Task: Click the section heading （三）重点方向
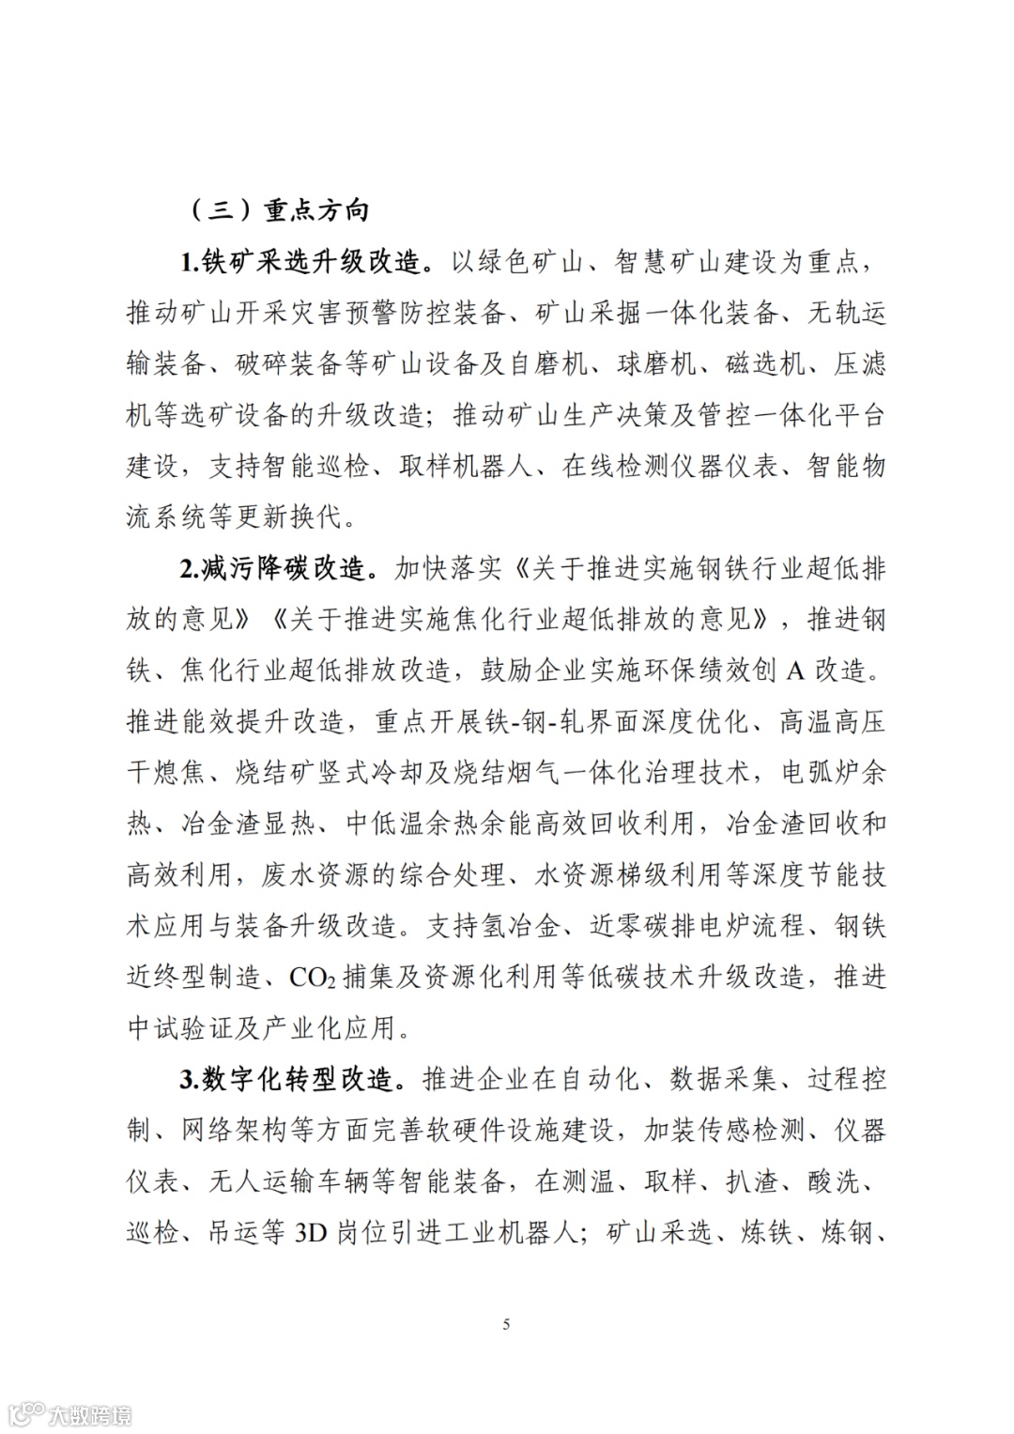(x=279, y=210)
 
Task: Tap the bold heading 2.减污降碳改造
(x=279, y=569)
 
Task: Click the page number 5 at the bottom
(x=507, y=1324)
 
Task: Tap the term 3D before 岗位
(x=311, y=1233)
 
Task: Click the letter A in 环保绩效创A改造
(x=795, y=671)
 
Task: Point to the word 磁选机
(x=765, y=364)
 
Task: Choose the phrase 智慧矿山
(x=654, y=262)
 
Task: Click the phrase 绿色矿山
(x=517, y=262)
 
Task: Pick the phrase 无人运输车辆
(x=288, y=1182)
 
